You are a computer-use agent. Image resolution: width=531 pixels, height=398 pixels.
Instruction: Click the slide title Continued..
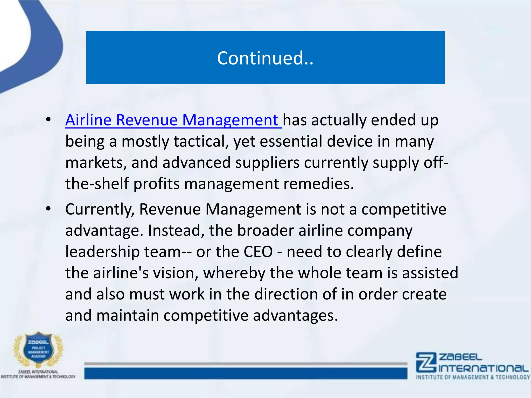(265, 58)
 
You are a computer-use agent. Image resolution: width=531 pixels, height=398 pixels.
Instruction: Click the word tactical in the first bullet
(201, 141)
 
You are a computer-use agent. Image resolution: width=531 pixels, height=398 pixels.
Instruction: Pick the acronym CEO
(258, 252)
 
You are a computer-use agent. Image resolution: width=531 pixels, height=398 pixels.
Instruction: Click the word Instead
(176, 231)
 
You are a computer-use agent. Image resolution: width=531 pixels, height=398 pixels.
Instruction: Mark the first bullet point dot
(48, 120)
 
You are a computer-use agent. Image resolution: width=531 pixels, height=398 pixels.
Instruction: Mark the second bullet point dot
(48, 209)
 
